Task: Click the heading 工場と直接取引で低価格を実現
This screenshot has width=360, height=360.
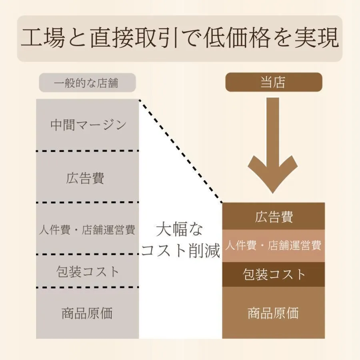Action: pos(180,38)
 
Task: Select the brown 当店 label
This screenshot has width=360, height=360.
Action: pos(273,82)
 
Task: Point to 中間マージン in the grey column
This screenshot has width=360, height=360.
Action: pos(88,125)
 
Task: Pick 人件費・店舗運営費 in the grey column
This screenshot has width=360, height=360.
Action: pos(87,230)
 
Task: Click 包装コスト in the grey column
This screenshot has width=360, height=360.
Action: pos(88,272)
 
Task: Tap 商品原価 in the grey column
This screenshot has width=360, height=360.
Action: pos(87,313)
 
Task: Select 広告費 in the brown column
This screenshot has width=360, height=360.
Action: pos(274,216)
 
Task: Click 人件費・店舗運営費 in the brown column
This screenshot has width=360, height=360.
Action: pos(273,245)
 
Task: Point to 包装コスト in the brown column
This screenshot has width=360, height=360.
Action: pos(274,274)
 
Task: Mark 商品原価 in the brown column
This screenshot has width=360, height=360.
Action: pos(273,313)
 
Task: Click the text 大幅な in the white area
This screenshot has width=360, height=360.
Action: pos(180,230)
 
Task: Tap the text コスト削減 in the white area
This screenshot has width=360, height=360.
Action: pos(181,251)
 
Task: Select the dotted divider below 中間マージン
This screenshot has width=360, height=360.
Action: pos(87,151)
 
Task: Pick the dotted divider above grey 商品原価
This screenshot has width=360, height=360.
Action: pos(87,287)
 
